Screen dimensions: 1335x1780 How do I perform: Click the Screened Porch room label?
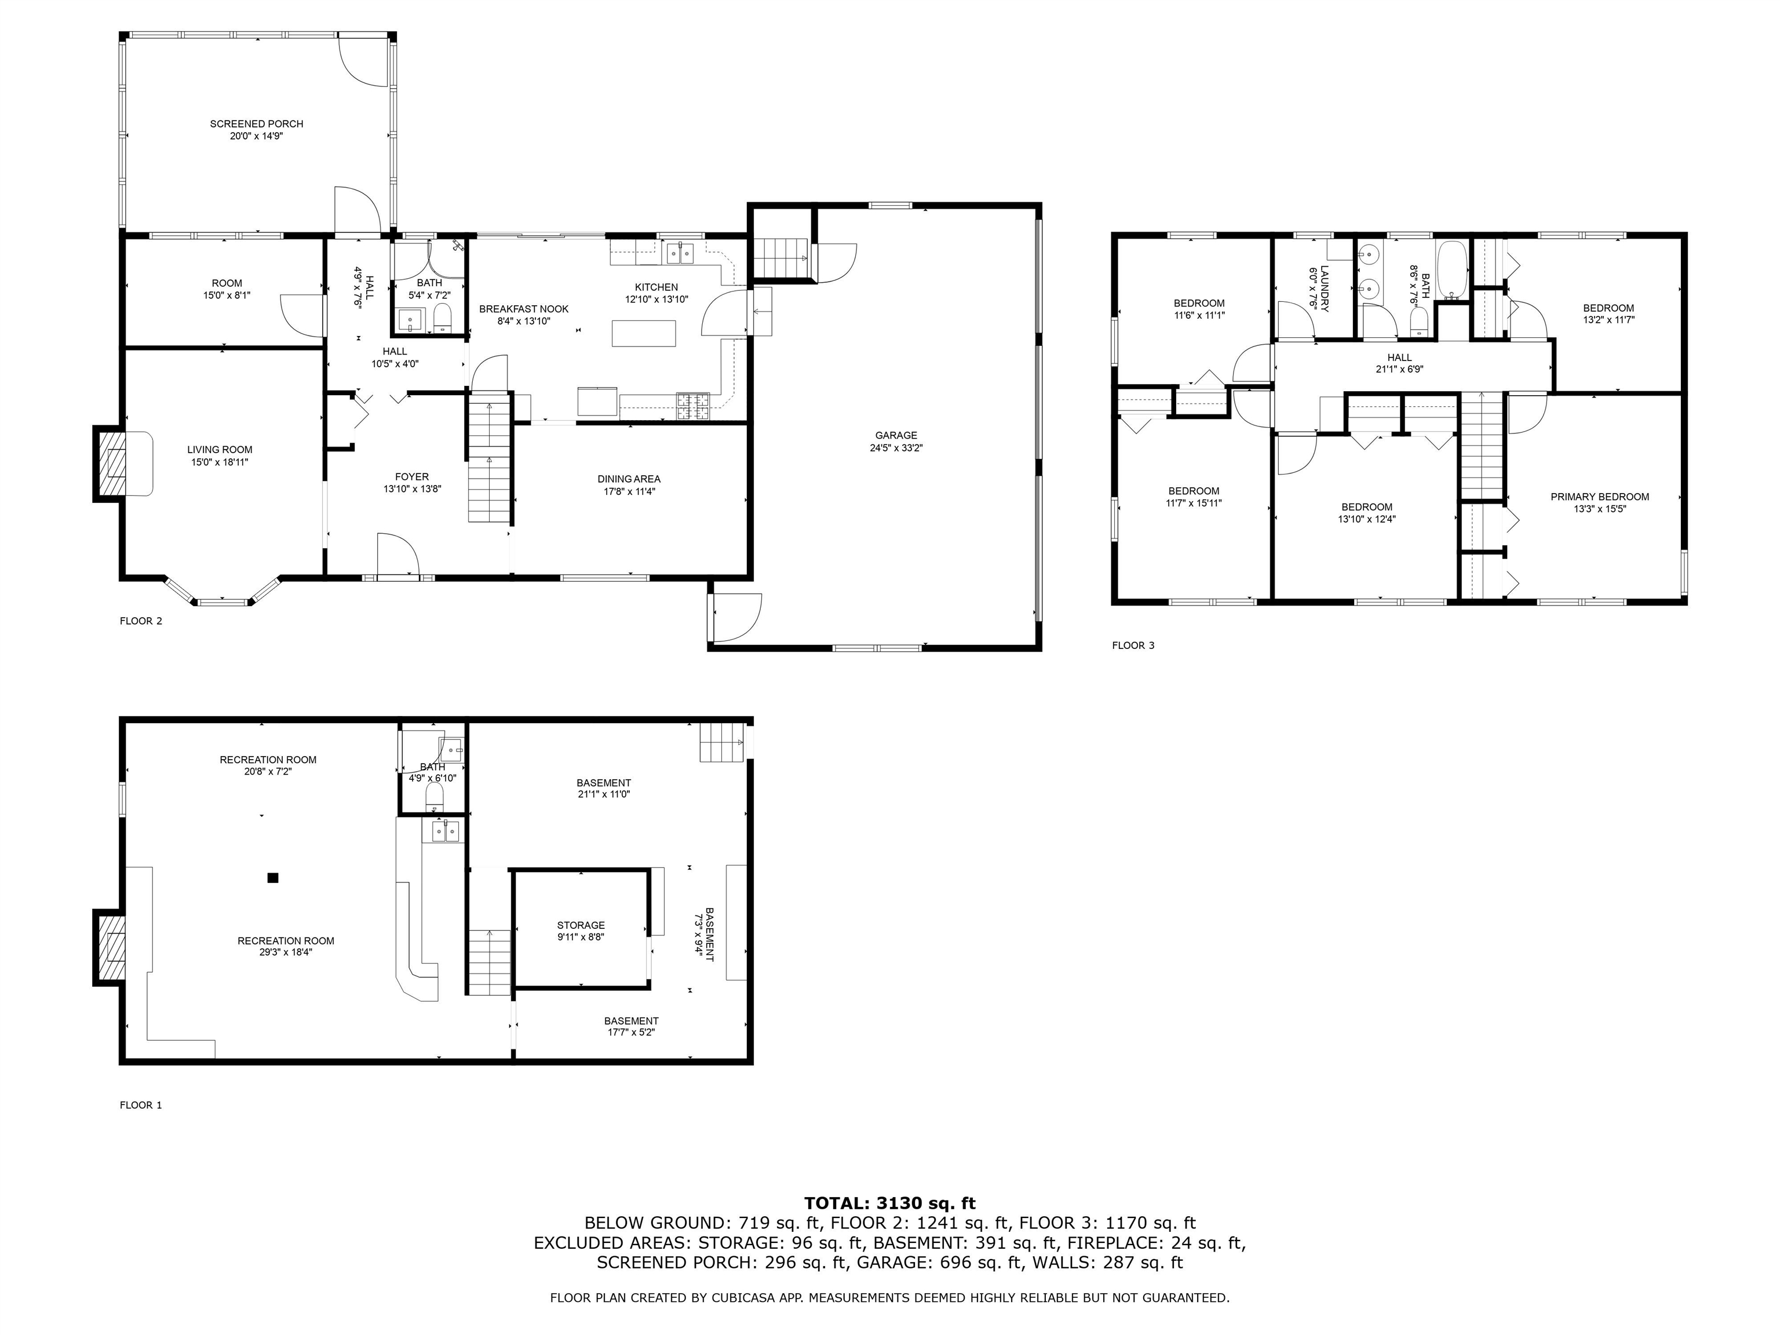256,124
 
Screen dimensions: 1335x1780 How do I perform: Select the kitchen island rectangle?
643,333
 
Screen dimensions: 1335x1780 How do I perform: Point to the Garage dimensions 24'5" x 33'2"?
896,448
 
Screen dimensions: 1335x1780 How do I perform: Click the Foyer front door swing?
397,555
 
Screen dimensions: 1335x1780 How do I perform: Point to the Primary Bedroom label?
1600,497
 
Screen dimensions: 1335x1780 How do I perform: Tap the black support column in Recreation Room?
273,878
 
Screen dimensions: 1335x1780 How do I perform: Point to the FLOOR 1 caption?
141,1105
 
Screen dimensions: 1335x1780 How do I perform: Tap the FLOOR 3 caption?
1133,645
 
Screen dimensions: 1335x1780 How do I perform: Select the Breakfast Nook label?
524,309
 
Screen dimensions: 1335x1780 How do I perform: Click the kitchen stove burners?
693,406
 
